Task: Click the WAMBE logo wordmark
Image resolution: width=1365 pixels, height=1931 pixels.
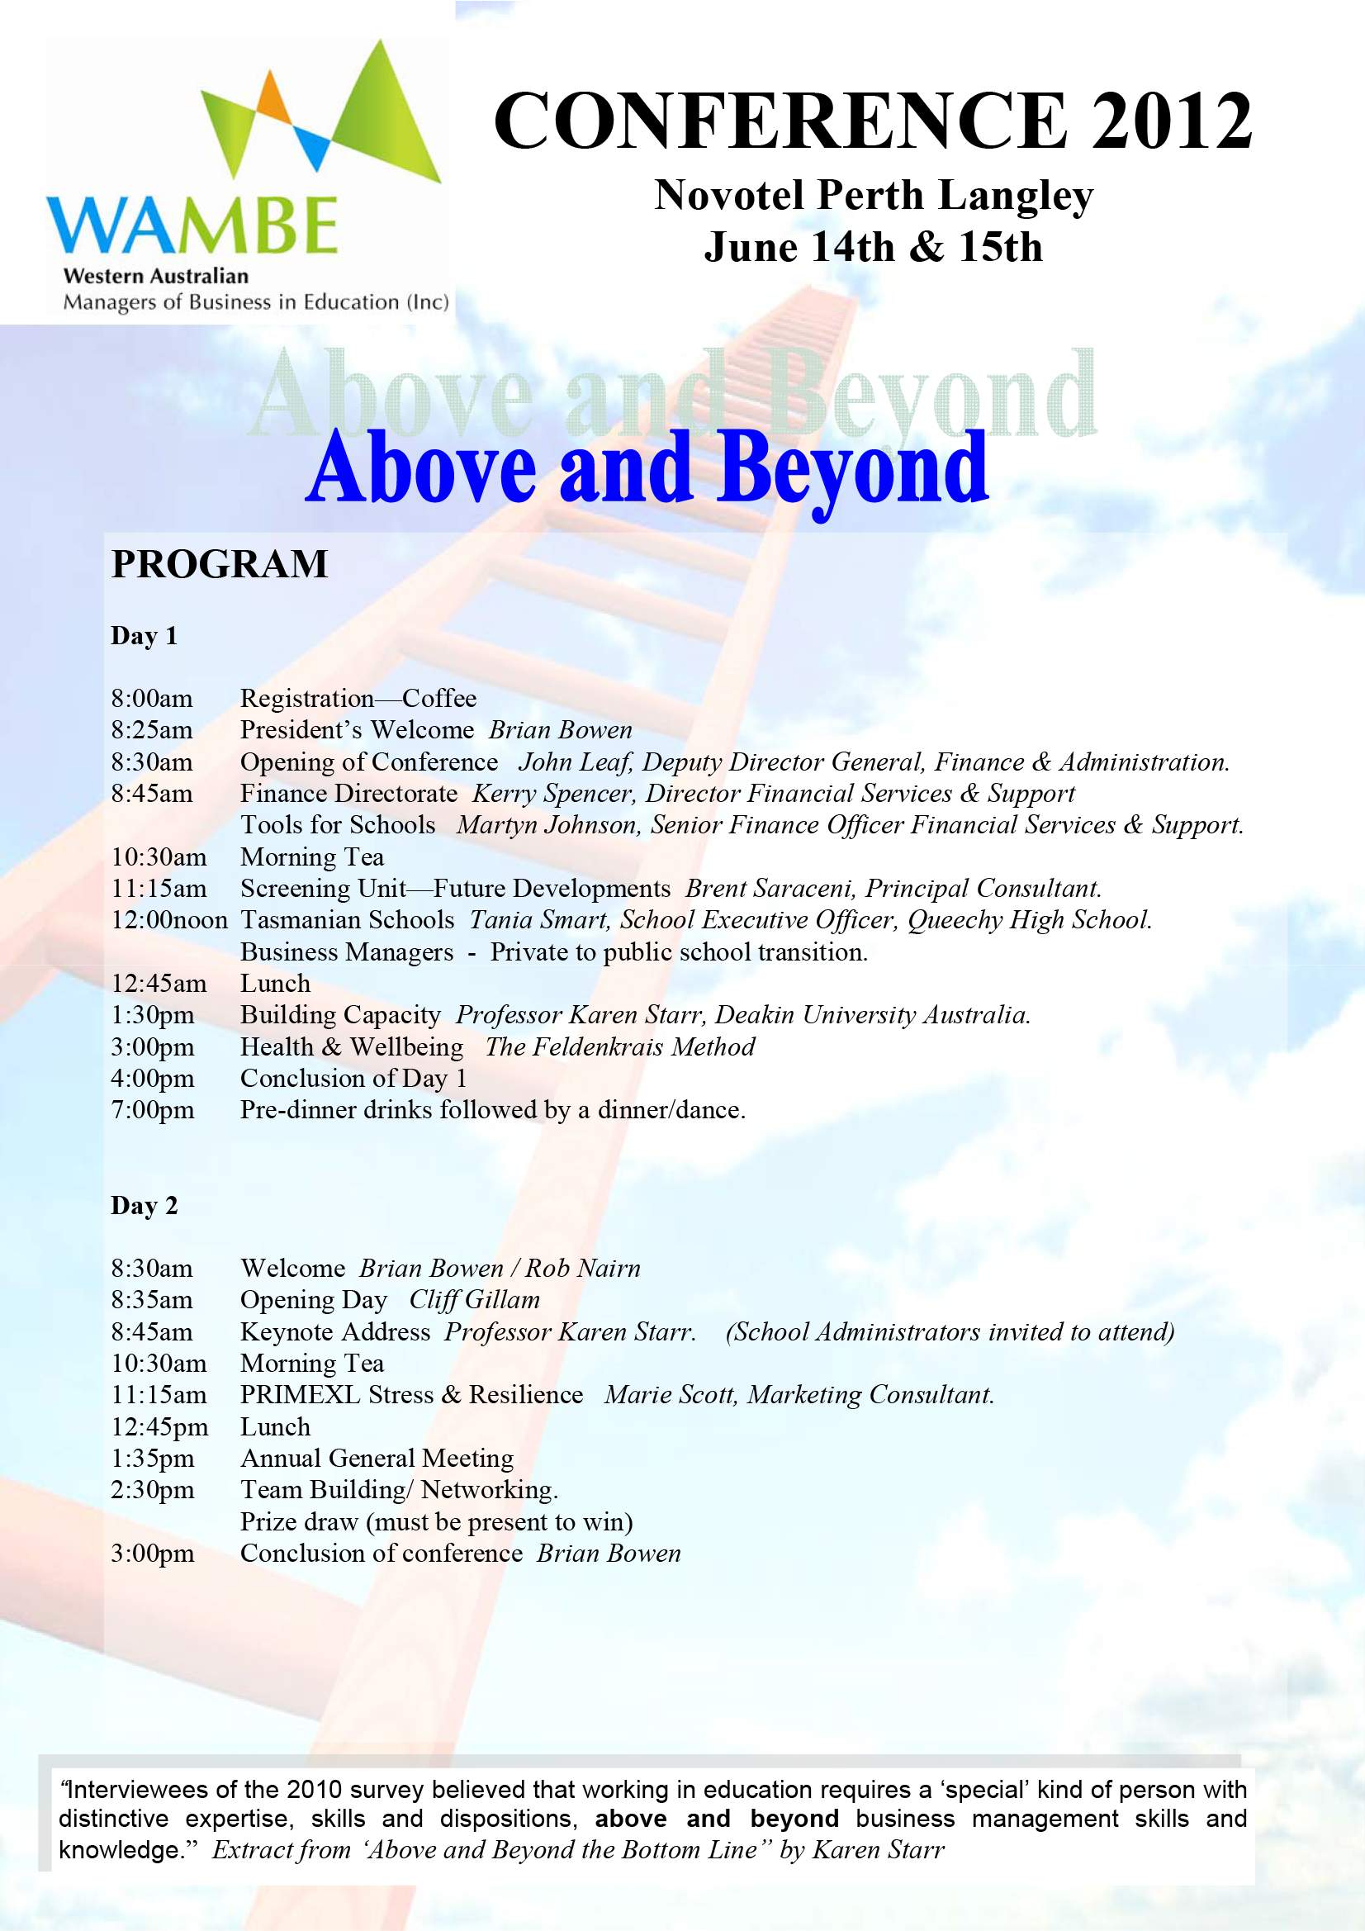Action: (x=192, y=225)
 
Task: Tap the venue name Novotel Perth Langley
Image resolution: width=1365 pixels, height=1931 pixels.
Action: (x=873, y=196)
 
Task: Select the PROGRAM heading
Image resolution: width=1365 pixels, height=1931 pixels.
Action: (x=220, y=564)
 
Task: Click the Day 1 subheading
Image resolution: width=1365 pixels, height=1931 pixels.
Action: (x=144, y=637)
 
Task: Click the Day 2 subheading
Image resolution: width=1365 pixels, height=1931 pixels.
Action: (x=144, y=1206)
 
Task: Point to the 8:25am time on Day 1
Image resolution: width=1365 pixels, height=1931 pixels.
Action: (x=151, y=730)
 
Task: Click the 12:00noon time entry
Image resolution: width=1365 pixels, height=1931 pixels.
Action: (x=169, y=920)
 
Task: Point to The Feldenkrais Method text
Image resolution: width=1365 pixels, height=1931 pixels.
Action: (x=620, y=1047)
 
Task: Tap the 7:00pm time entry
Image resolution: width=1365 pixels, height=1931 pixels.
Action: (x=152, y=1110)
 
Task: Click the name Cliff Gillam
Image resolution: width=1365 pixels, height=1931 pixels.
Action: (x=474, y=1300)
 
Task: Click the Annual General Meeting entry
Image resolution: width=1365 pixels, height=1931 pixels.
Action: (x=377, y=1459)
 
